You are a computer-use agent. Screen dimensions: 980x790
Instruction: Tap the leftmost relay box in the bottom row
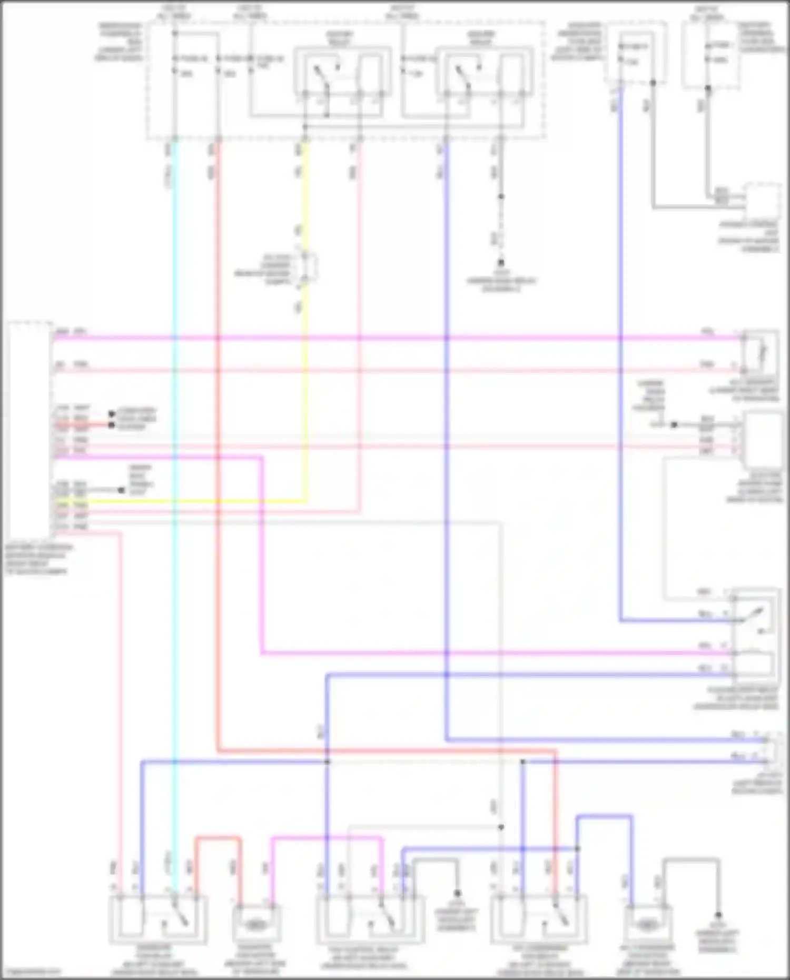(x=158, y=919)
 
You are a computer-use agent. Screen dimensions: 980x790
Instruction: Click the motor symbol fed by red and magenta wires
(x=256, y=924)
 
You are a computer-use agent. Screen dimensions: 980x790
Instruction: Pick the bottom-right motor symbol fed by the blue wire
(x=648, y=924)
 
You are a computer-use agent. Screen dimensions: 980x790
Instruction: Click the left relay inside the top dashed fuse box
(x=342, y=74)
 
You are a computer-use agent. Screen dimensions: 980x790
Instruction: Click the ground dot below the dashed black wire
(x=501, y=262)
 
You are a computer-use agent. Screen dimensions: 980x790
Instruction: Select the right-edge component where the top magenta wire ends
(x=760, y=352)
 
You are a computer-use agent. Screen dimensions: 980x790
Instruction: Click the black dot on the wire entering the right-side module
(x=674, y=424)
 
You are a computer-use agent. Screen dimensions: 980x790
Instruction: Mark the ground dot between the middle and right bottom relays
(x=457, y=894)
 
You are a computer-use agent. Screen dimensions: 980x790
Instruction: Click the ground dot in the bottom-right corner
(x=718, y=916)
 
